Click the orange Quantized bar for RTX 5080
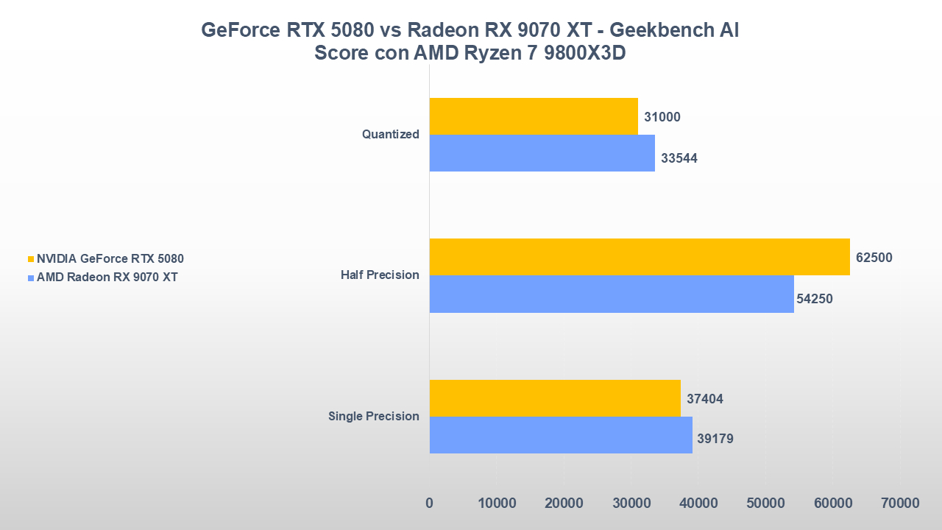pos(534,116)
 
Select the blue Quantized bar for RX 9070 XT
pos(542,153)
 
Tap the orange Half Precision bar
pos(639,257)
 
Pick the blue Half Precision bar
pos(612,294)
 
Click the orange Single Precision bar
pos(555,398)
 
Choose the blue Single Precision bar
pos(561,435)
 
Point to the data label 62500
pos(874,258)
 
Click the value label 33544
pos(679,158)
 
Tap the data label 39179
pos(715,439)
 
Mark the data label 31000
pos(662,117)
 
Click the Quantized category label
pos(390,135)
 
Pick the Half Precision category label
pos(380,275)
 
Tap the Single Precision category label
pos(374,417)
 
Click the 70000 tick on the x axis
pos(900,504)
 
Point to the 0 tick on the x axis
pos(430,504)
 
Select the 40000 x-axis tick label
pos(698,504)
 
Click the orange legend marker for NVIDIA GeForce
pos(30,259)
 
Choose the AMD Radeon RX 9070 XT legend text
pos(107,278)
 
